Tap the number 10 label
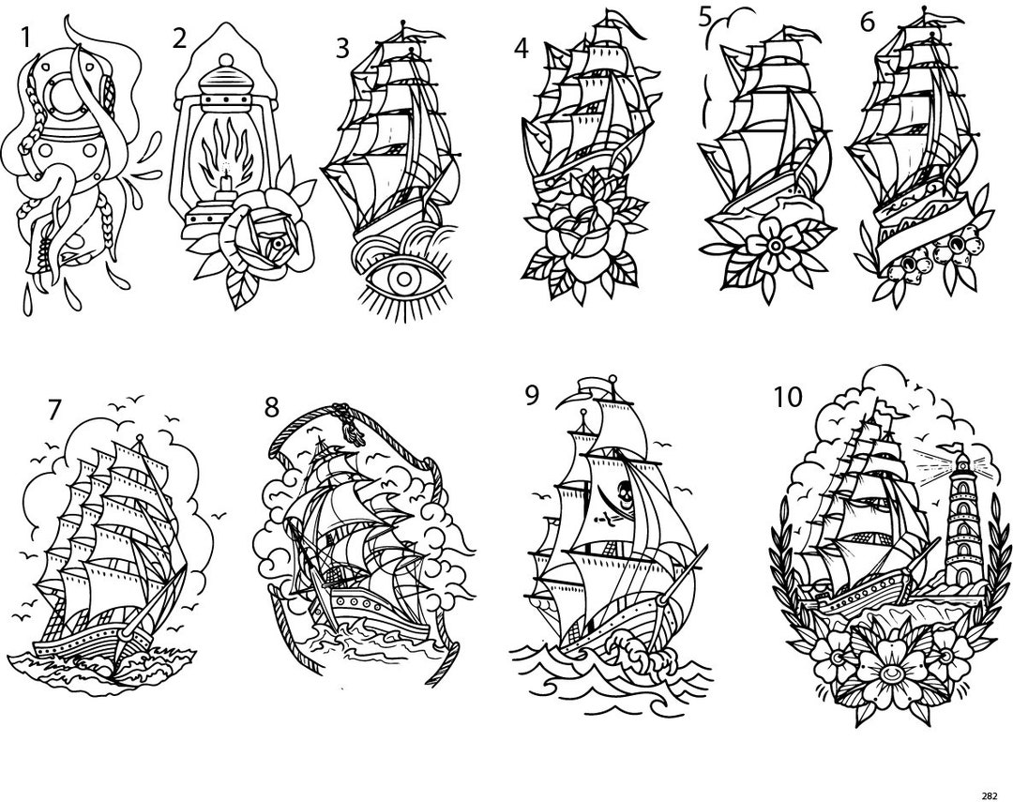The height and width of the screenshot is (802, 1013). point(787,398)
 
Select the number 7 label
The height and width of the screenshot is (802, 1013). point(54,410)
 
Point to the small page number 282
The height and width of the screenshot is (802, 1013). point(989,795)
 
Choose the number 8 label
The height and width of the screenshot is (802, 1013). point(272,406)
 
